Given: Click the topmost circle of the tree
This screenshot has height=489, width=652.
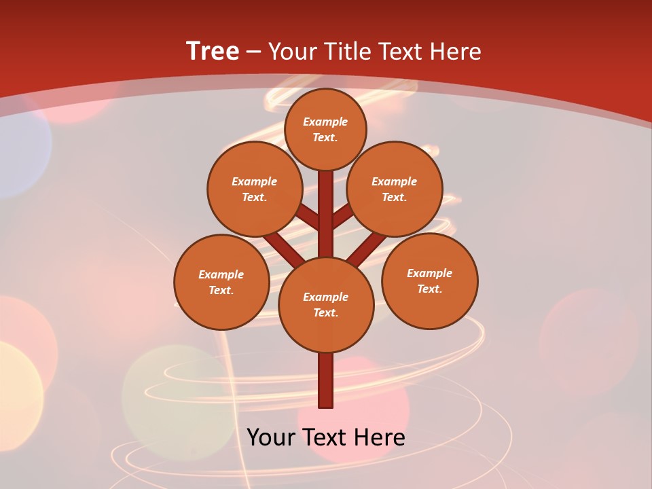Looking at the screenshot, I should (325, 129).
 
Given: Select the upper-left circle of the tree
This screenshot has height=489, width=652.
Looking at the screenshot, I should (255, 189).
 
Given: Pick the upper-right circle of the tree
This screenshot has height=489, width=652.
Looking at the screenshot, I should (395, 189).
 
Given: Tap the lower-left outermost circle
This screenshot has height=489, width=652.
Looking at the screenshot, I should (221, 282).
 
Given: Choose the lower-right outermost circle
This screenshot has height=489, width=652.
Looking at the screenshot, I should (430, 280).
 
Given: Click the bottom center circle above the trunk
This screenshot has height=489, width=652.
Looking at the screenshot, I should (326, 304).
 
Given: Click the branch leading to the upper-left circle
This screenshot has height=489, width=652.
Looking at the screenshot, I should (308, 217).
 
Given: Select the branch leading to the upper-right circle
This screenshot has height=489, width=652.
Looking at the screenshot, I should (343, 216).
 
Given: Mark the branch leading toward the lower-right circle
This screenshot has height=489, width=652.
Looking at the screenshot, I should (367, 249).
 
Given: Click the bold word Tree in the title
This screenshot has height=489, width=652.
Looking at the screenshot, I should (213, 51).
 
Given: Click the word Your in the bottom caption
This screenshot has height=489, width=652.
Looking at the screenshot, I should (271, 437).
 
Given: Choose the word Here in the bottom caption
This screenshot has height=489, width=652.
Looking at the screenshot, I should (380, 437).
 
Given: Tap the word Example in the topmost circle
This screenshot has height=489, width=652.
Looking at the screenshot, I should (325, 122).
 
